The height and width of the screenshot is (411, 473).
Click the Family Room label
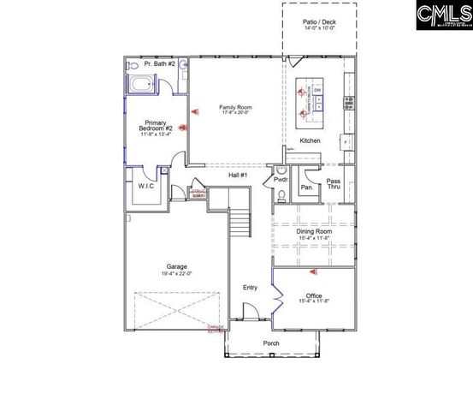pyautogui.click(x=235, y=108)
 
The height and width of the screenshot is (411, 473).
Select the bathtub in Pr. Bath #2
pyautogui.click(x=141, y=85)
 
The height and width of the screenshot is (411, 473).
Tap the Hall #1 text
pyautogui.click(x=238, y=176)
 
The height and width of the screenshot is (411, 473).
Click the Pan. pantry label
pyautogui.click(x=305, y=187)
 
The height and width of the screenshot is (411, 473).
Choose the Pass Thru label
pyautogui.click(x=334, y=185)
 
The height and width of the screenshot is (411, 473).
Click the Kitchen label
pyautogui.click(x=310, y=140)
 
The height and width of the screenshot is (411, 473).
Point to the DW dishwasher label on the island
pyautogui.click(x=316, y=90)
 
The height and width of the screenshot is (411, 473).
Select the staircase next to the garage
pyautogui.click(x=241, y=224)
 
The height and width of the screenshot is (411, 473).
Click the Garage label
pyautogui.click(x=177, y=266)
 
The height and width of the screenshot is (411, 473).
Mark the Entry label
pyautogui.click(x=250, y=288)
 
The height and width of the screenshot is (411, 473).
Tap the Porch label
pyautogui.click(x=271, y=343)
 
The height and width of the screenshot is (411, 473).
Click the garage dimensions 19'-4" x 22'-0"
pyautogui.click(x=177, y=274)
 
